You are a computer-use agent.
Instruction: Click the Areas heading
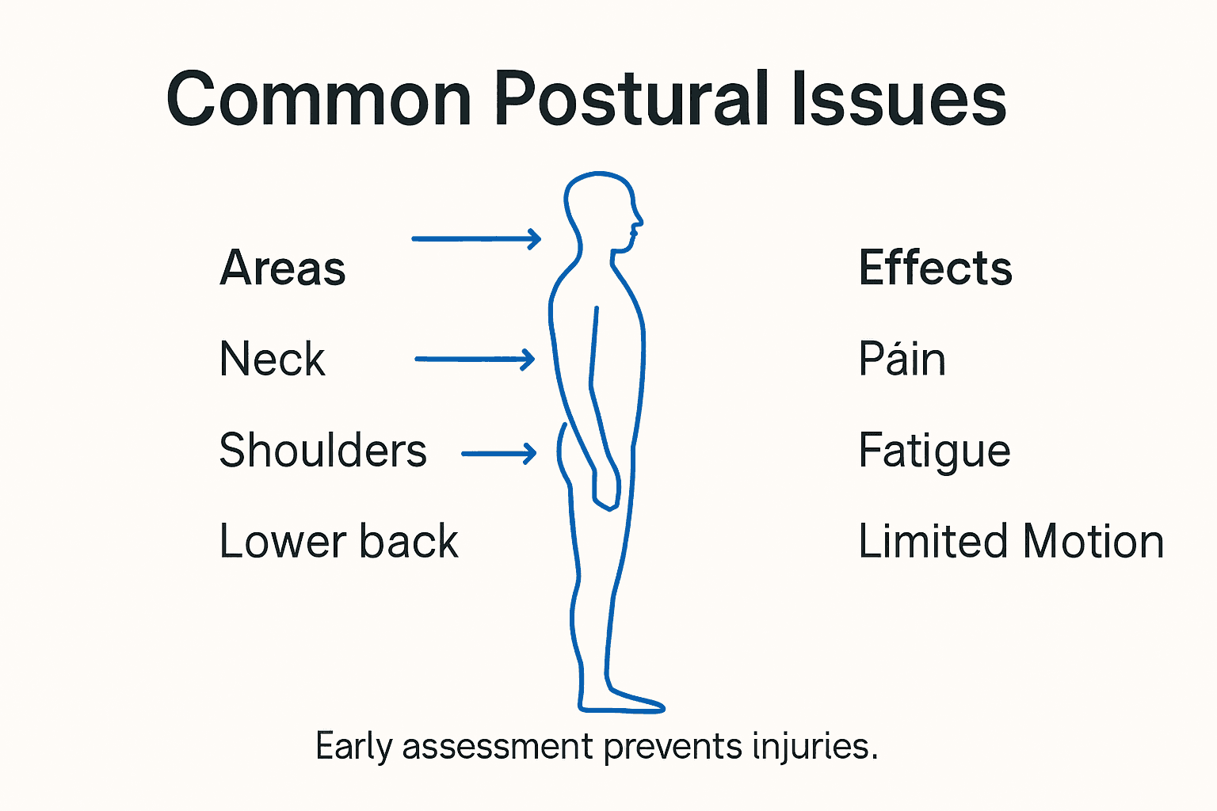point(283,268)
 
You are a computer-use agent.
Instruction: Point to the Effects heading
point(935,268)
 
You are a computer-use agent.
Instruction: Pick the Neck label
point(272,359)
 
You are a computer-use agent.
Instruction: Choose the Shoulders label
point(322,451)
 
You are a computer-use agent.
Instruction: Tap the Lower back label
point(338,542)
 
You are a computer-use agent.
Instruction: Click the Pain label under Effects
point(902,359)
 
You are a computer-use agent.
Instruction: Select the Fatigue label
point(934,451)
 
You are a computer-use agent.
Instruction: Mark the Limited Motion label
point(1011,542)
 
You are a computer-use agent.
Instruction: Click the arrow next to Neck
point(475,359)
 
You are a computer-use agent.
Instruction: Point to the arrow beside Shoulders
point(498,453)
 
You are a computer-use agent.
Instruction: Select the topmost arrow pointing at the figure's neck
point(475,238)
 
